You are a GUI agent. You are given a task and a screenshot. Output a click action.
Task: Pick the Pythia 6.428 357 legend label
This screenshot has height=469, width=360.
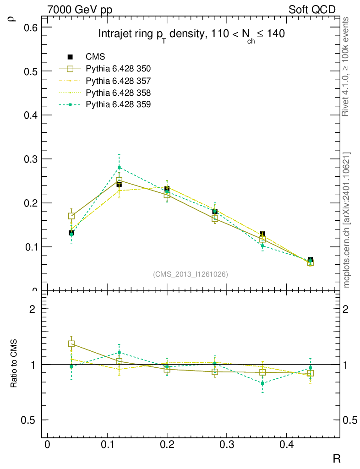(x=118, y=81)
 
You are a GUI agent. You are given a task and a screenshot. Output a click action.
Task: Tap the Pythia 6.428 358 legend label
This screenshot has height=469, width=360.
(x=118, y=93)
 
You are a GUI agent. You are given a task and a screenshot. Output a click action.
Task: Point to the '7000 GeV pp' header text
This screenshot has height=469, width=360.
(x=80, y=10)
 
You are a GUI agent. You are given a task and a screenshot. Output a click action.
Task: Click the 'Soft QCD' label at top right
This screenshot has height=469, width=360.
(x=312, y=10)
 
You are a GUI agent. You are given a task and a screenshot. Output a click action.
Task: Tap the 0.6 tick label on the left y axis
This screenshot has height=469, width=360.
(x=30, y=27)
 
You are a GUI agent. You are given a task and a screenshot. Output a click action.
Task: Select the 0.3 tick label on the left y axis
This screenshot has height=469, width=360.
(x=30, y=159)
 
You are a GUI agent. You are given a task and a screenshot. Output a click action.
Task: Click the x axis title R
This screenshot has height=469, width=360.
(x=336, y=458)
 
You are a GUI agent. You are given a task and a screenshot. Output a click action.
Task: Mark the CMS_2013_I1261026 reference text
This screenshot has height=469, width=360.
(x=190, y=274)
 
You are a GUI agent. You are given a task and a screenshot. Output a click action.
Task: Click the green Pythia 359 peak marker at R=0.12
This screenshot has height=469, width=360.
(x=119, y=168)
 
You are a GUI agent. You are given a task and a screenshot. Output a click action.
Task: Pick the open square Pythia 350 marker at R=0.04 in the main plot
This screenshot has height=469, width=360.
(x=71, y=216)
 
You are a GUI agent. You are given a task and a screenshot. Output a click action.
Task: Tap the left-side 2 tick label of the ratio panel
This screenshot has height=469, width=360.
(x=33, y=309)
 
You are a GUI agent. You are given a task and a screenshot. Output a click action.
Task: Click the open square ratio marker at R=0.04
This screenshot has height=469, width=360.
(x=71, y=344)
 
